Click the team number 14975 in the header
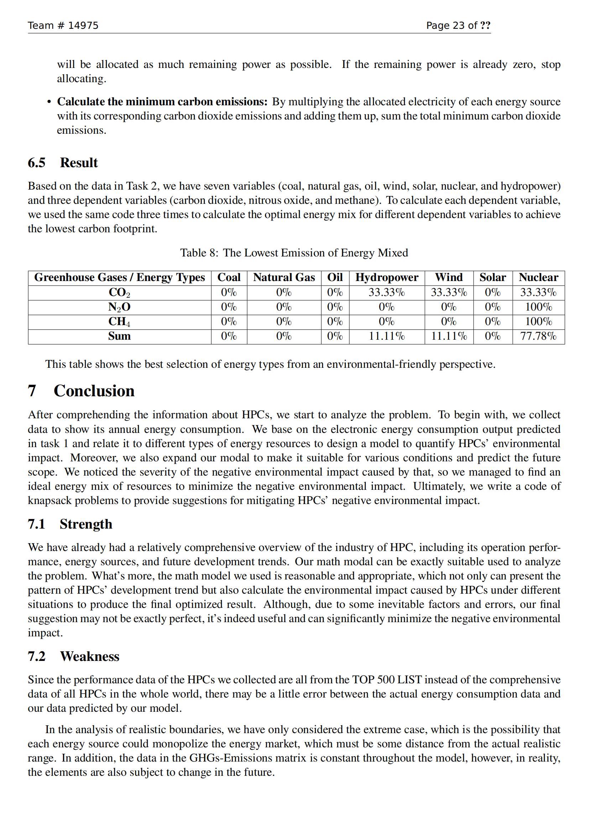pos(83,25)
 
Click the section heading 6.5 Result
pos(63,163)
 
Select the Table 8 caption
pos(294,253)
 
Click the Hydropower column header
pos(387,277)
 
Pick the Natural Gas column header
pos(284,277)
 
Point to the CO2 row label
pos(119,292)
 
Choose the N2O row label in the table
pos(119,307)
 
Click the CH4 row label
pos(119,322)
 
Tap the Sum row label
pos(119,336)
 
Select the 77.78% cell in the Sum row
pos(538,336)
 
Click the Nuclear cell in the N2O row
pos(538,307)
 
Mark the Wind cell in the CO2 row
pos(449,292)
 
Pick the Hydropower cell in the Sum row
pos(387,336)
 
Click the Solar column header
pos(492,277)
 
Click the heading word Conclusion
pos(94,391)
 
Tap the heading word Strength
pos(86,524)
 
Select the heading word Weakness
pos(90,656)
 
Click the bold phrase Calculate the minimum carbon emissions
pos(162,102)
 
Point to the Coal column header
pos(229,277)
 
